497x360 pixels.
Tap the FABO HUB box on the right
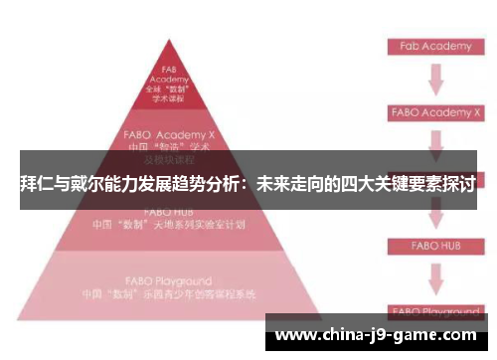click(430, 244)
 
